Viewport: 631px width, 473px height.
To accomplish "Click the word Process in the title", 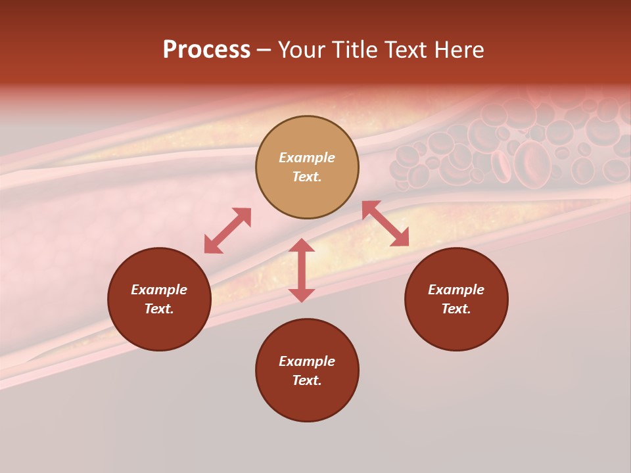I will click(206, 50).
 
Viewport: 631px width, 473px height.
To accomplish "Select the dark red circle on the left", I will click(159, 328).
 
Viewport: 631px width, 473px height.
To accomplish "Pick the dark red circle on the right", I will click(456, 328).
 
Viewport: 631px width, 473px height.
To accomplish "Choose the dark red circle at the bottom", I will click(307, 401).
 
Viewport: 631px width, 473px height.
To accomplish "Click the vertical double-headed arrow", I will click(302, 270).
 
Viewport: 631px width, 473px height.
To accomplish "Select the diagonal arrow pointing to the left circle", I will click(227, 231).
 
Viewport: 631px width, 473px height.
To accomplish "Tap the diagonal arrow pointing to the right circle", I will click(385, 223).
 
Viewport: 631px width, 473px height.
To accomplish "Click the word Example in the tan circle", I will click(307, 158).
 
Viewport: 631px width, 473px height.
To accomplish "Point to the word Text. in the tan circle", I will click(307, 177).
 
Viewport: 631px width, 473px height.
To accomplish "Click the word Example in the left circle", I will click(159, 290).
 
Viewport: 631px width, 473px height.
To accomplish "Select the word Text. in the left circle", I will click(159, 309).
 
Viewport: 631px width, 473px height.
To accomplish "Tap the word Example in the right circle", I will click(456, 290).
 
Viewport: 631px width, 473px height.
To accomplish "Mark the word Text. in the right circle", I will click(456, 309).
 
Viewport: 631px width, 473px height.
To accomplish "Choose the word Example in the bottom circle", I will click(307, 361).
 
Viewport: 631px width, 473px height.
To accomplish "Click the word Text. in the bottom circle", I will click(307, 380).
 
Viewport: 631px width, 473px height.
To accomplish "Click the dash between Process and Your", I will click(264, 51).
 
